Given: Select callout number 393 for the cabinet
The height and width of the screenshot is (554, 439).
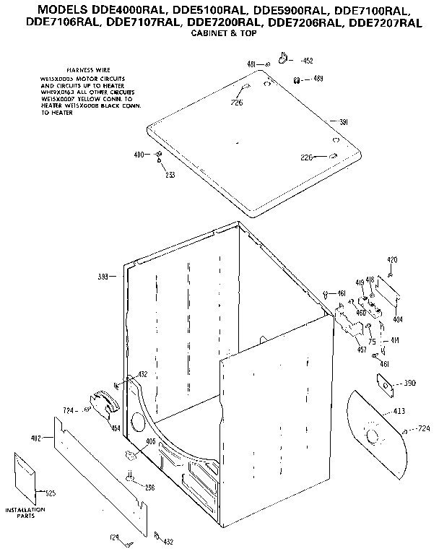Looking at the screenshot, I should click(x=103, y=276).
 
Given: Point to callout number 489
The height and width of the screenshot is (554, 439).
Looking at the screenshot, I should click(x=317, y=78).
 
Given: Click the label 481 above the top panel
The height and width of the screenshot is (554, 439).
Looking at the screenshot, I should click(x=252, y=64).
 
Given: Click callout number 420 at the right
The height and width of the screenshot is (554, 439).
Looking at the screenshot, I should click(x=392, y=260).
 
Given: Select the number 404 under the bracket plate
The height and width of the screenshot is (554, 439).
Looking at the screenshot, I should click(x=397, y=318).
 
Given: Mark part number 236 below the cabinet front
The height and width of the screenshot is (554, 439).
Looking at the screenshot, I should click(x=149, y=488).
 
